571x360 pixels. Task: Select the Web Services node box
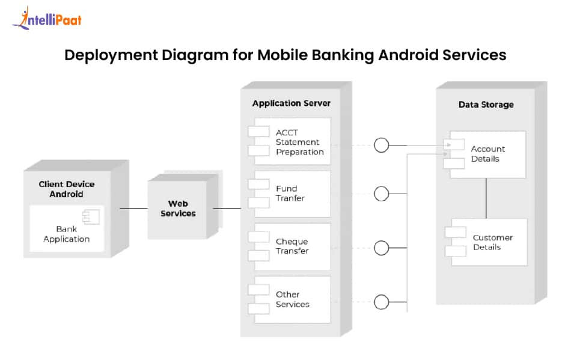tap(178, 209)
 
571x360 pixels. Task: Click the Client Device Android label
tap(67, 189)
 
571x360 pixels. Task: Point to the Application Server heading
tap(291, 103)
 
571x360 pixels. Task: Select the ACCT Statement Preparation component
tap(292, 142)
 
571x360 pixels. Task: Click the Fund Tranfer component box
tap(292, 194)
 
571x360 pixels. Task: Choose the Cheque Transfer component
tap(292, 246)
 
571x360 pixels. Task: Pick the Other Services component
tap(292, 299)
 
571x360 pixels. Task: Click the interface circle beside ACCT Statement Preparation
tap(381, 145)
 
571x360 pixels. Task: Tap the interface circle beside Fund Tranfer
tap(381, 194)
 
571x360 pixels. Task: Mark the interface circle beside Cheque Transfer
tap(381, 248)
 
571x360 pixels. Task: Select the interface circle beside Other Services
tap(381, 302)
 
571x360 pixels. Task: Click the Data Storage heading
tap(486, 105)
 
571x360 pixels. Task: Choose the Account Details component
tap(487, 154)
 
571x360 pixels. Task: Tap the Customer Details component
tap(489, 242)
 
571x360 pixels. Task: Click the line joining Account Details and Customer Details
tap(486, 198)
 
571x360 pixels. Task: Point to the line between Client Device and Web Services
tap(133, 209)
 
